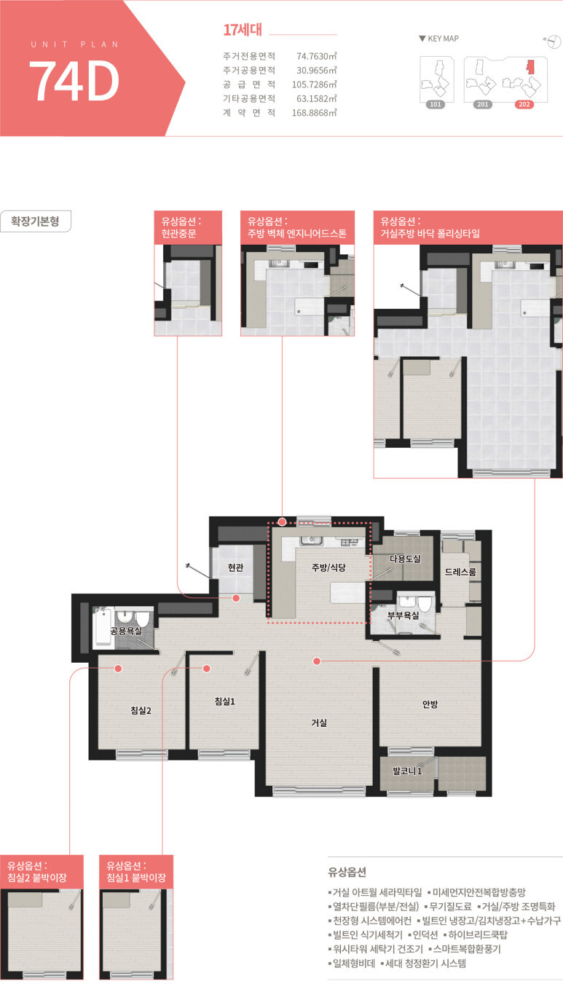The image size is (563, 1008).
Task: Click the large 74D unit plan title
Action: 74,81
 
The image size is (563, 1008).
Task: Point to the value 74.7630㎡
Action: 316,56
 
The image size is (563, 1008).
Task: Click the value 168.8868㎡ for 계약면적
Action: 314,112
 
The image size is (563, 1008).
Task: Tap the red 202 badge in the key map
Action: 524,104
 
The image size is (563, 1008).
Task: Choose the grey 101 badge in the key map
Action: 436,104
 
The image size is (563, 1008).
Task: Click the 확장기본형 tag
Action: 36,221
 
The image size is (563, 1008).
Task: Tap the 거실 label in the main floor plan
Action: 319,722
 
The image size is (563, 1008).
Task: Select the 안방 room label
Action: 430,704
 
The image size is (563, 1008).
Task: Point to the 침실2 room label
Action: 141,711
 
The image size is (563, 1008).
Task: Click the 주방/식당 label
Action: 328,567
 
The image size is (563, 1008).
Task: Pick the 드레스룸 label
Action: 460,572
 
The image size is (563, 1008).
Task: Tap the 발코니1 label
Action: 408,771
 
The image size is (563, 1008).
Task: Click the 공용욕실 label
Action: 127,631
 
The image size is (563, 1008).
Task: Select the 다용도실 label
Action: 405,559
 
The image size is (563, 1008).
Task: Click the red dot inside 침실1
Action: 207,669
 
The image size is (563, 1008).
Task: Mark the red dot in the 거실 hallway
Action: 317,661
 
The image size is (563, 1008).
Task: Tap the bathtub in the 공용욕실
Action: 103,627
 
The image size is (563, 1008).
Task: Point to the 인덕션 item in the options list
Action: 425,934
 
